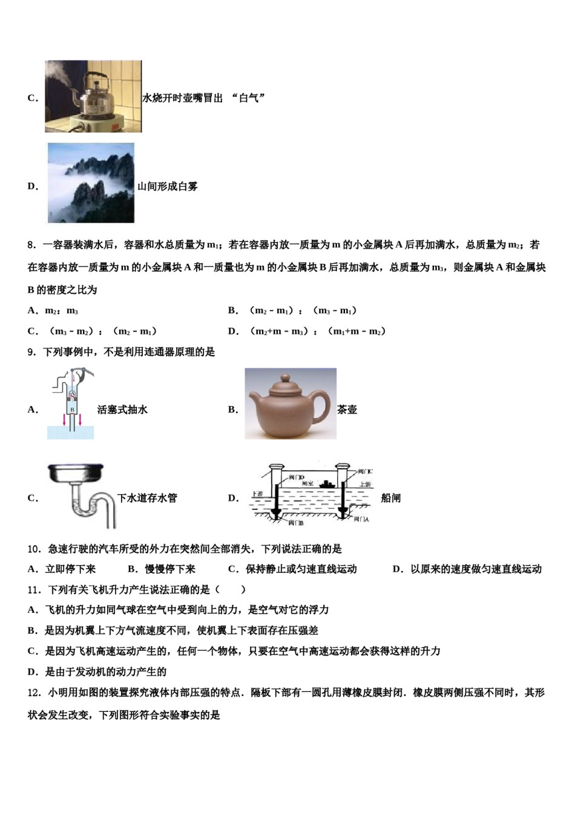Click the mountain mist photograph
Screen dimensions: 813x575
coord(91,183)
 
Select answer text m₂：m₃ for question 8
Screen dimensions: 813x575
coord(61,311)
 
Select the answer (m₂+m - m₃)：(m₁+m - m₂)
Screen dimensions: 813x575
coord(317,331)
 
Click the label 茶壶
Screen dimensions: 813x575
coord(347,410)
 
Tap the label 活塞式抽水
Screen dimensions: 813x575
coord(122,410)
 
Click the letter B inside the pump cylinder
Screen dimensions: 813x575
coord(72,410)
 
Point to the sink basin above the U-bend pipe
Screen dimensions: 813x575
coord(76,473)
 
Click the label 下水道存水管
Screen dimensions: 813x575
coord(147,498)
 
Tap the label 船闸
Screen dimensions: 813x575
coord(391,498)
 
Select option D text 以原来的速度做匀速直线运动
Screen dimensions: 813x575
coord(476,569)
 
